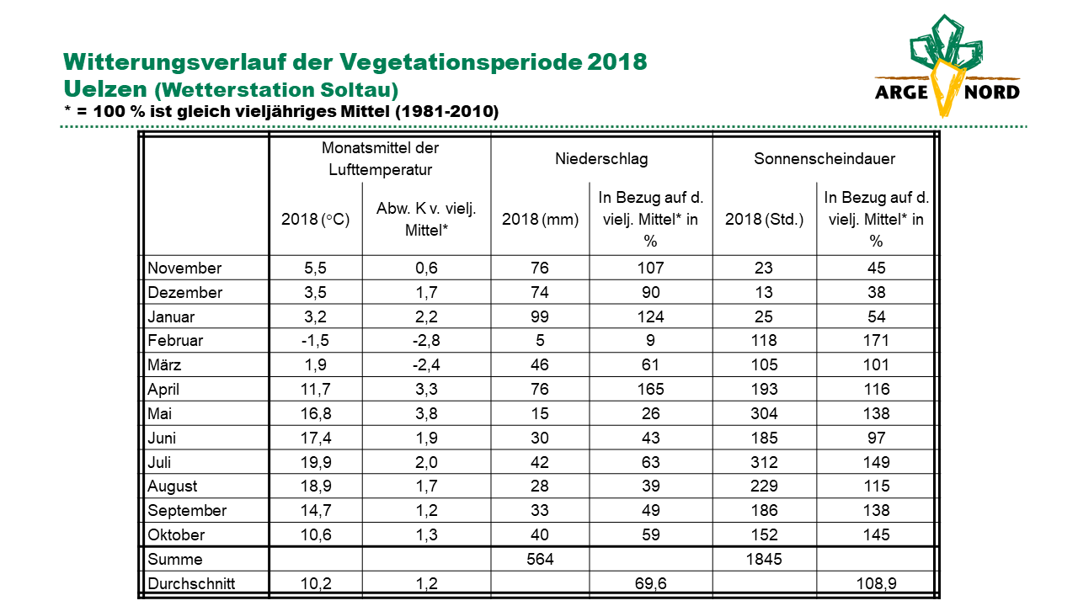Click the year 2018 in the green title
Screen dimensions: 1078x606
point(617,61)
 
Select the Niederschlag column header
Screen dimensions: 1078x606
point(601,159)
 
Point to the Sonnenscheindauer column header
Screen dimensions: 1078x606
point(825,159)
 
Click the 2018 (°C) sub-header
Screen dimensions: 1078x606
point(315,220)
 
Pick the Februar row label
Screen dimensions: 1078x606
point(175,341)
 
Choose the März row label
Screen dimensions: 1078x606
point(164,364)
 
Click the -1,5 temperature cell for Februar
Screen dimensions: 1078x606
point(315,341)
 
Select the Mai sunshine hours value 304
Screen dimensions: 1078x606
point(764,413)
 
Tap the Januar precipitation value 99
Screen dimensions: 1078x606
point(540,316)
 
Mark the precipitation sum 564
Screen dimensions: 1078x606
point(540,559)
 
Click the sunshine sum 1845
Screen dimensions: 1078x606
point(764,559)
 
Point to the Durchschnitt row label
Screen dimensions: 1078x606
point(191,583)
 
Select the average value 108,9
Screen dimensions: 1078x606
point(876,583)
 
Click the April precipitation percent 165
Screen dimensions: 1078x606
point(651,389)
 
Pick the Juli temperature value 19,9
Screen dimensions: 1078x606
point(316,462)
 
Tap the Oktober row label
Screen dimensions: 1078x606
point(176,534)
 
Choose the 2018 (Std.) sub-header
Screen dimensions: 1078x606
point(764,220)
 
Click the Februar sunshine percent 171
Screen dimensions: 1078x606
point(876,341)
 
